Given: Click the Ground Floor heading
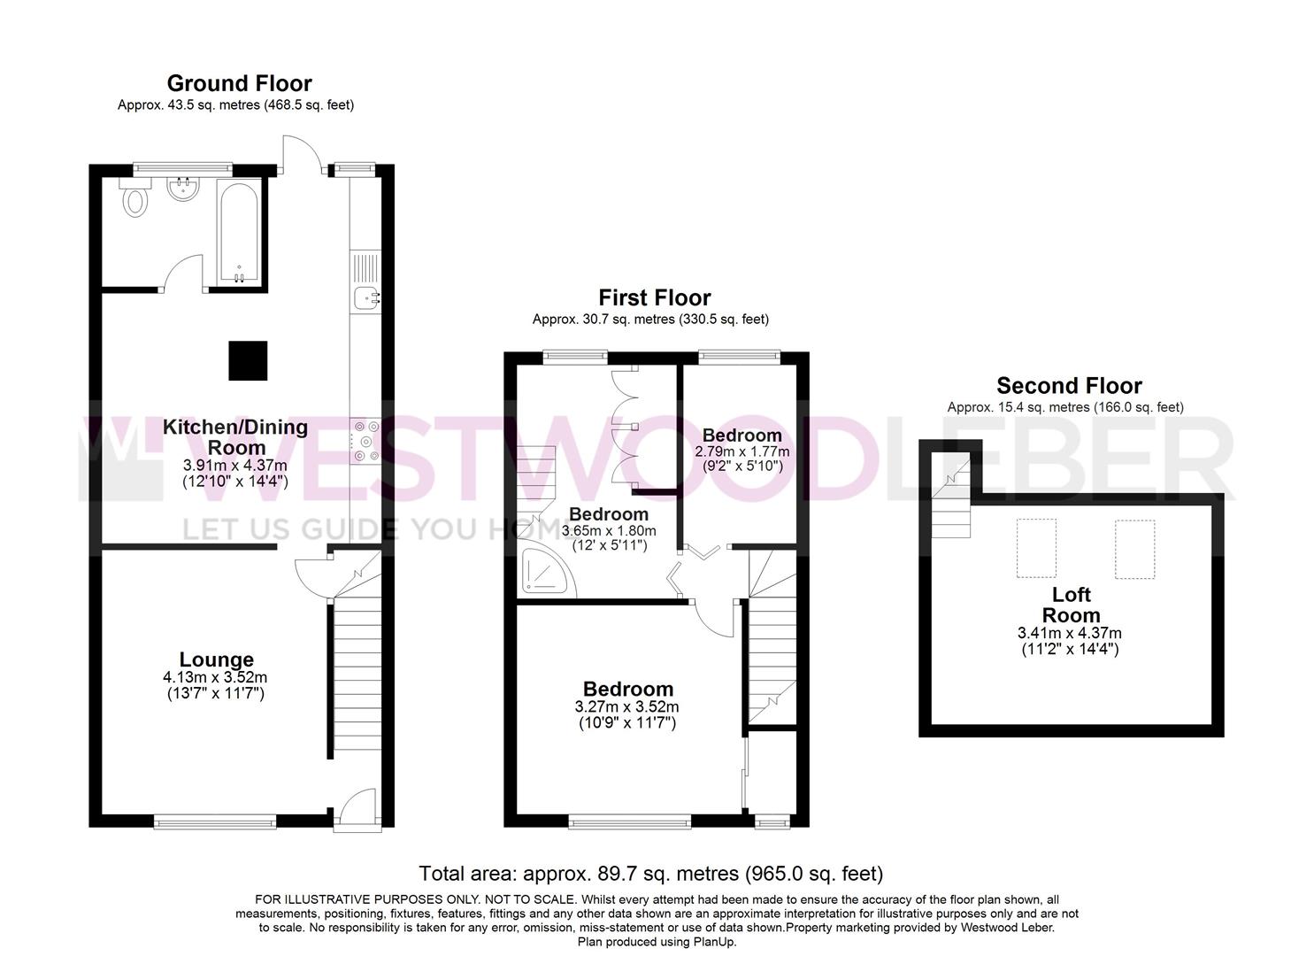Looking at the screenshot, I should [239, 83].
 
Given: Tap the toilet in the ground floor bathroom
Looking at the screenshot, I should [134, 201].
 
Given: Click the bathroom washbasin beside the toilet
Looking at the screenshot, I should [183, 189].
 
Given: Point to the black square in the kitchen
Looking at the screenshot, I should [249, 360].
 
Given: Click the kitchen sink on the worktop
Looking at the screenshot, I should [365, 299].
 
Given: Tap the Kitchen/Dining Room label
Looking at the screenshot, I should [235, 437].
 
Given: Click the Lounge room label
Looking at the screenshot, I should [216, 659].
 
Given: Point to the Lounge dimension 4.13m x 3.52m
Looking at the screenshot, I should [216, 677].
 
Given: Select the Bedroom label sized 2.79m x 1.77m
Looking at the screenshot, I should [742, 436].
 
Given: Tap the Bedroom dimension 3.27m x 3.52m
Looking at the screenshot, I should [628, 706].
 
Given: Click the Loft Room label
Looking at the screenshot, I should [1071, 605].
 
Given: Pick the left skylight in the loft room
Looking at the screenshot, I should [1035, 548].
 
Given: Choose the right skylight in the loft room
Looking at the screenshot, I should [1133, 549].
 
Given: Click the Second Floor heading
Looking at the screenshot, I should [1068, 386].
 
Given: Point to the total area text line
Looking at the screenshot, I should [650, 874].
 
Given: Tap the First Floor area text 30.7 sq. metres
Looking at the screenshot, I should [650, 320].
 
